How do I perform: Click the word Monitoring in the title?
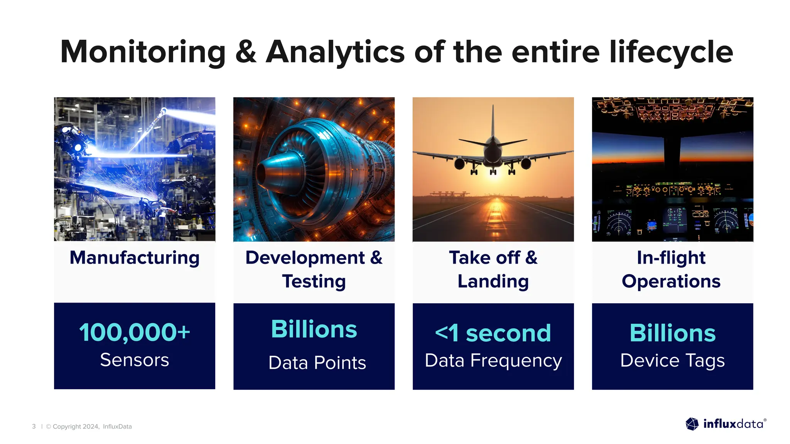[x=143, y=52]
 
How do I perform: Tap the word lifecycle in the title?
[x=671, y=52]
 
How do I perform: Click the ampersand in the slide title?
[x=246, y=52]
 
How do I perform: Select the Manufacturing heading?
[x=135, y=257]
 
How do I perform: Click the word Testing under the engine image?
[x=314, y=281]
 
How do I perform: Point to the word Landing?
[x=493, y=281]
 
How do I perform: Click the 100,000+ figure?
[x=135, y=332]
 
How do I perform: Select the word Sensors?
[x=135, y=360]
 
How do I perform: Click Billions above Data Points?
[x=314, y=329]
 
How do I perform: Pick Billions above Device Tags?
[x=672, y=333]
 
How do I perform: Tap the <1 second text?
[x=493, y=333]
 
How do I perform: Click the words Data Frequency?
[x=493, y=361]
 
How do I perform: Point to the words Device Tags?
[x=672, y=361]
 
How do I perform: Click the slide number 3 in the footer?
[x=34, y=426]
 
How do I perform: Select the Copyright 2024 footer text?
[x=76, y=426]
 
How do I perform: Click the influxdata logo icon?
[x=692, y=424]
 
